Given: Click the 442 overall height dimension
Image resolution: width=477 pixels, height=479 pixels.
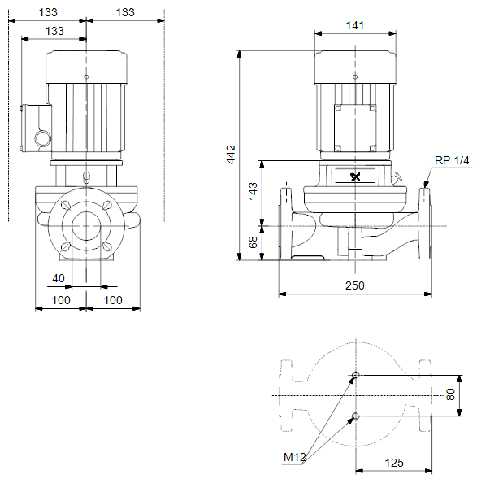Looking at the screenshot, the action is coord(232,155).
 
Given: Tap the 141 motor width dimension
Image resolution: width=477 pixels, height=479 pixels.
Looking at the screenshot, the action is coord(355,25).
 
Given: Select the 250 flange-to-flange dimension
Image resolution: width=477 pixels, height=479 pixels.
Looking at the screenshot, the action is coord(355,285).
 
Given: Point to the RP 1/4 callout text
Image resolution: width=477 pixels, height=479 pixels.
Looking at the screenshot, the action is coord(452,160).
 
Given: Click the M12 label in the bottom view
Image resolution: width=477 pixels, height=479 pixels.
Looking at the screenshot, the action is coord(294,457).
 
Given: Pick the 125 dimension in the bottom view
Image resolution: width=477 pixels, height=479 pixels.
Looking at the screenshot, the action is coord(394,463).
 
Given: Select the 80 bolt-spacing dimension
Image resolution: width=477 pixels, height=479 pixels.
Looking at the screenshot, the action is coord(450,394).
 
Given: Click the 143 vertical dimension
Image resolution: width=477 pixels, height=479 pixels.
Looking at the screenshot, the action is coord(253,191).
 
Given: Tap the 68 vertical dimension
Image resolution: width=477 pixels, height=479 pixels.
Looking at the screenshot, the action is coord(253,242).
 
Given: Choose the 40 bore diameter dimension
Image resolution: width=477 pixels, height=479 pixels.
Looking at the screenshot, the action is coord(59,278).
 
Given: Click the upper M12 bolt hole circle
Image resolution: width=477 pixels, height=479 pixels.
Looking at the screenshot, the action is coord(356,375).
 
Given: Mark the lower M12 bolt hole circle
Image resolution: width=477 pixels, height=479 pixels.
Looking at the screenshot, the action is coord(356,416).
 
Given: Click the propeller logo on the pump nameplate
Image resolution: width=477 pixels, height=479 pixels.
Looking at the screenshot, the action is coord(356,176).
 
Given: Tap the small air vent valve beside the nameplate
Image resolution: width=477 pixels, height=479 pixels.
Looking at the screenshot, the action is coord(397,177).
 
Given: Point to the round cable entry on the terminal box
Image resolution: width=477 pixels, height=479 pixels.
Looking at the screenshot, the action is coord(42,139).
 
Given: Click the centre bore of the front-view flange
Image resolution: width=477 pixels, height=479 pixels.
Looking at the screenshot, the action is coord(86,226).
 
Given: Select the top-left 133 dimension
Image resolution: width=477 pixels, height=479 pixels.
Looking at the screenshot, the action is coord(48,12).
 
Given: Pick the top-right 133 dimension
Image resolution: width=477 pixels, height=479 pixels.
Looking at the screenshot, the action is coord(125,12).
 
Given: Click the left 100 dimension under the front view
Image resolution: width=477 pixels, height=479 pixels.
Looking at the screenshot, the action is coord(61,300).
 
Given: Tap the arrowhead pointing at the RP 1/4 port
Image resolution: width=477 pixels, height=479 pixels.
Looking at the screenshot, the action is coord(426,184).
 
